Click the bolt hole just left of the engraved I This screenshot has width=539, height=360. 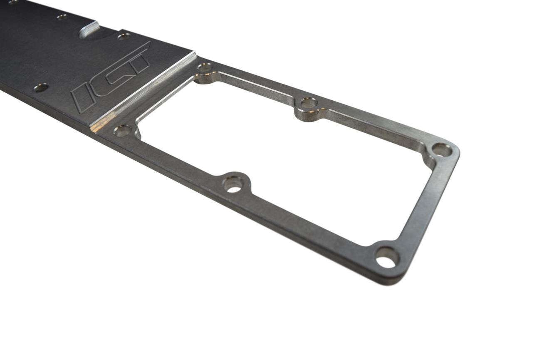tap(41, 87)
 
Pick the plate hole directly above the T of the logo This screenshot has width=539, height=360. tap(124, 36)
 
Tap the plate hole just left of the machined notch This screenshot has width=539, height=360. tap(62, 17)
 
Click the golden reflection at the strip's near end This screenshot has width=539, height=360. tap(97, 125)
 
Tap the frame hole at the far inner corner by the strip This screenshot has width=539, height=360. tap(205, 67)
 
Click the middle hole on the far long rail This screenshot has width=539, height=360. tap(308, 103)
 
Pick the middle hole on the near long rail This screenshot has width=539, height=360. tap(233, 184)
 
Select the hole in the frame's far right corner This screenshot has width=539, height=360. tap(441, 149)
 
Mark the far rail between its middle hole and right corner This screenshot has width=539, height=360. tap(374, 125)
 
